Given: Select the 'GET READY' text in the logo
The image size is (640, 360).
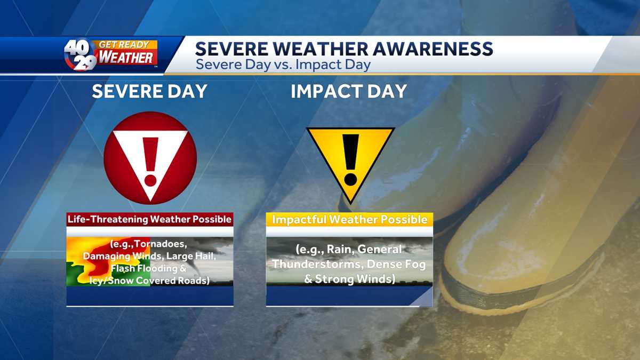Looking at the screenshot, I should click(124, 45).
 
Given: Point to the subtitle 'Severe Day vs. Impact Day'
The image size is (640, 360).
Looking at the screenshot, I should click(283, 65).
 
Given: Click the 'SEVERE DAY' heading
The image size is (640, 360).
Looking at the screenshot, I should click(149, 91).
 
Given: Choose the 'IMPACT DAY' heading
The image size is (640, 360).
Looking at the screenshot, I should click(349, 91).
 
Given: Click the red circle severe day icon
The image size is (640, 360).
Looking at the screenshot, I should click(150, 158).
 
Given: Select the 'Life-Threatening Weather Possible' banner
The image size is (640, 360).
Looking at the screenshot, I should click(150, 219).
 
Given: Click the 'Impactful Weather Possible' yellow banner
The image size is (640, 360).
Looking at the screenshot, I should click(349, 219).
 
